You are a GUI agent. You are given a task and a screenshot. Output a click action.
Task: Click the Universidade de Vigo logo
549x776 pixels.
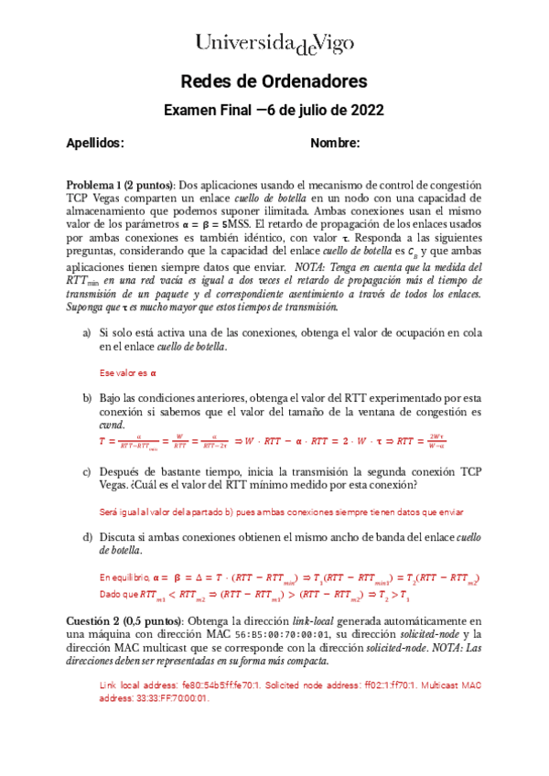click(x=274, y=42)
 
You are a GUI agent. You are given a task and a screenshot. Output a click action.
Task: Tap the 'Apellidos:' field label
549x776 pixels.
click(x=94, y=144)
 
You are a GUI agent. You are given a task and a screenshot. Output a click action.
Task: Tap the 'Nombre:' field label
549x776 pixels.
click(x=335, y=144)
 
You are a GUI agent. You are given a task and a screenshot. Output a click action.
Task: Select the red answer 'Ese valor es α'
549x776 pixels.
click(x=128, y=373)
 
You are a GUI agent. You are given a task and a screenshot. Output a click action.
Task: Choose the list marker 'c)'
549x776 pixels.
click(x=87, y=471)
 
